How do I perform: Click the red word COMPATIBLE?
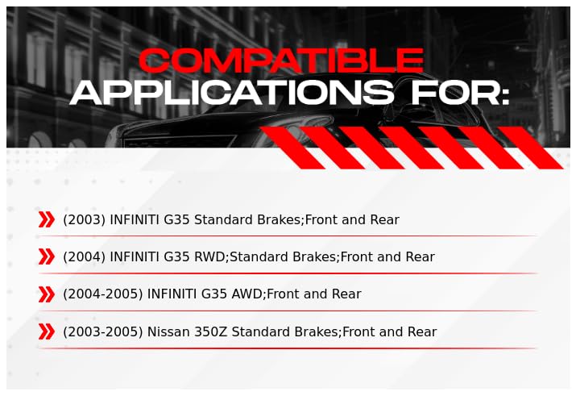point(281,60)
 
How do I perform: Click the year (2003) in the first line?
point(84,219)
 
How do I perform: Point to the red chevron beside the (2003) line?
point(46,219)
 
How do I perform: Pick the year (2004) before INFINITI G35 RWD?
point(84,256)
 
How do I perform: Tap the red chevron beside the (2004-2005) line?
point(46,294)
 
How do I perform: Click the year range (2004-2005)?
point(103,294)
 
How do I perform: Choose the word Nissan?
point(168,331)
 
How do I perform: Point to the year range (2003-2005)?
point(103,331)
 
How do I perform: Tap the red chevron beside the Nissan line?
point(46,331)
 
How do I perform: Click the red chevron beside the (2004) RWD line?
point(46,256)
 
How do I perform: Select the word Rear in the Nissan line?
point(422,331)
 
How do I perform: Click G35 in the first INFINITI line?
point(176,219)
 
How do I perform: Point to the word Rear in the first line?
point(384,219)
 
